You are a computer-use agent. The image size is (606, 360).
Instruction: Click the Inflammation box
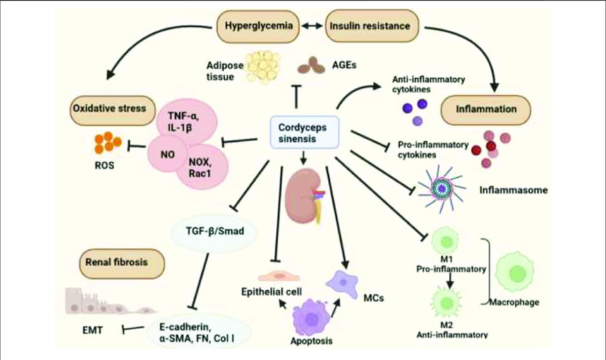[x=486, y=109]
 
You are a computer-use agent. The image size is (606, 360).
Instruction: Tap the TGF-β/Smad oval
[x=216, y=232]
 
